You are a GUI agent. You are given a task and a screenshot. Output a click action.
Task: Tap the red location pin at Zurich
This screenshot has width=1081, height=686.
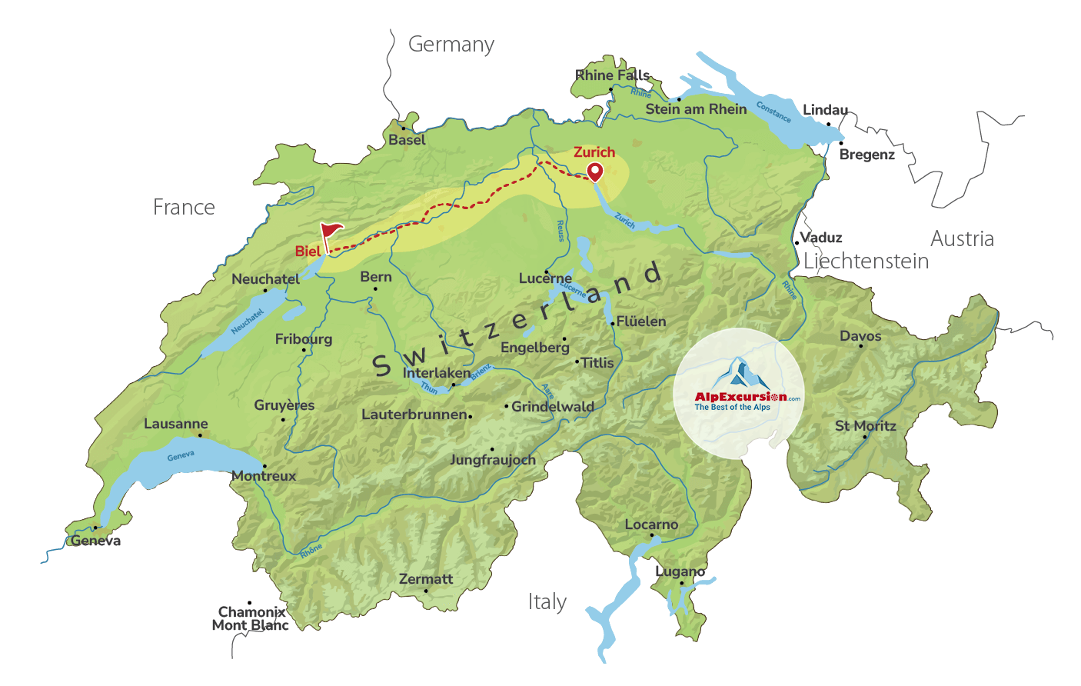tap(594, 171)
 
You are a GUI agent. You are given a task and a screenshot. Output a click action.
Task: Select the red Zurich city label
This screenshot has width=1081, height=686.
tap(594, 152)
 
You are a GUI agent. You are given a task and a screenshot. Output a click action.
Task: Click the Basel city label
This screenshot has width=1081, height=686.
tap(407, 140)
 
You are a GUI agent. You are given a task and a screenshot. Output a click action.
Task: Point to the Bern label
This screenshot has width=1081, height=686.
tap(376, 277)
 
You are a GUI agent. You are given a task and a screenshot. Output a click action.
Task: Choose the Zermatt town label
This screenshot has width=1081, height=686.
tap(426, 579)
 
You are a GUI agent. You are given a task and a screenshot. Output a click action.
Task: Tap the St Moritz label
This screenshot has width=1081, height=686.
tap(866, 426)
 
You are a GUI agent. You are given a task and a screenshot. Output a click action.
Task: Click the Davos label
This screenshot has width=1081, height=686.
tap(860, 336)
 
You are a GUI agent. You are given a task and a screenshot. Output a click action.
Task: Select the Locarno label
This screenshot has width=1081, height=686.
tap(651, 524)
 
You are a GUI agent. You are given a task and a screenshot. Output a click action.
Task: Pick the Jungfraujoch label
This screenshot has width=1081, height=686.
tap(493, 460)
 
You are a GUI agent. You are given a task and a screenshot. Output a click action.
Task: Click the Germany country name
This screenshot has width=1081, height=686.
tap(451, 45)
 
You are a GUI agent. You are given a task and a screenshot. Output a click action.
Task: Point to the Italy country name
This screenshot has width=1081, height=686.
tap(547, 601)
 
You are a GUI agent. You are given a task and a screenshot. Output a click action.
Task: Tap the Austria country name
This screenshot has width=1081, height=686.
tap(962, 239)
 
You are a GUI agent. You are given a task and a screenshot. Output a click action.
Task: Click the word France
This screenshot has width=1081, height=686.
tap(184, 208)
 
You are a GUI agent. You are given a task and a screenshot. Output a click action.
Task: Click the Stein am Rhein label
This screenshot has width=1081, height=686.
tap(696, 109)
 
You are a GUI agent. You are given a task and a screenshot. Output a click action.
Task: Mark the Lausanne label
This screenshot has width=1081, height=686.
tap(176, 424)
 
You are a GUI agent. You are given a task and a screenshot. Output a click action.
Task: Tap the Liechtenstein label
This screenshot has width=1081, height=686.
tap(866, 261)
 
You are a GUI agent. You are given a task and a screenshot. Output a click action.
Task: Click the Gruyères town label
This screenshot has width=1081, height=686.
tap(284, 405)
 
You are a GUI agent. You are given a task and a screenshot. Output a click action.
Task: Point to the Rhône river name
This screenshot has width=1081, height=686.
tap(311, 551)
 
